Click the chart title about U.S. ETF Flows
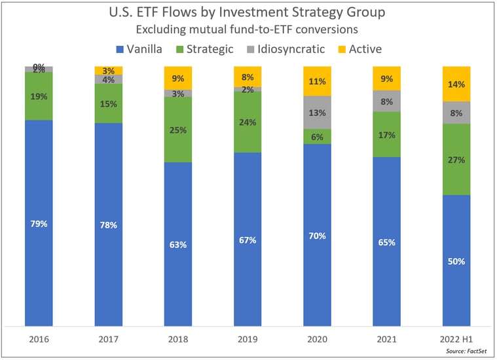[248, 12]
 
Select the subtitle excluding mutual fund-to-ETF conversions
[248, 29]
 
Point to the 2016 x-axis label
[39, 340]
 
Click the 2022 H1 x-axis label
[456, 340]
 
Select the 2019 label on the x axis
[248, 340]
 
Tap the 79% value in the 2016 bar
[39, 224]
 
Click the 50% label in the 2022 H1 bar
[456, 261]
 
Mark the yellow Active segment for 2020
[318, 81]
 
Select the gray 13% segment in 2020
[318, 112]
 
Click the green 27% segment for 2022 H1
[456, 159]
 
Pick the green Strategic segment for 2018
[178, 130]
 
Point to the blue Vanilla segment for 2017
[108, 225]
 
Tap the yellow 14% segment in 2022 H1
[456, 84]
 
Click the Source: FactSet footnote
[466, 351]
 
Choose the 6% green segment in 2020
[318, 136]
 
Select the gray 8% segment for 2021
[387, 101]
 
